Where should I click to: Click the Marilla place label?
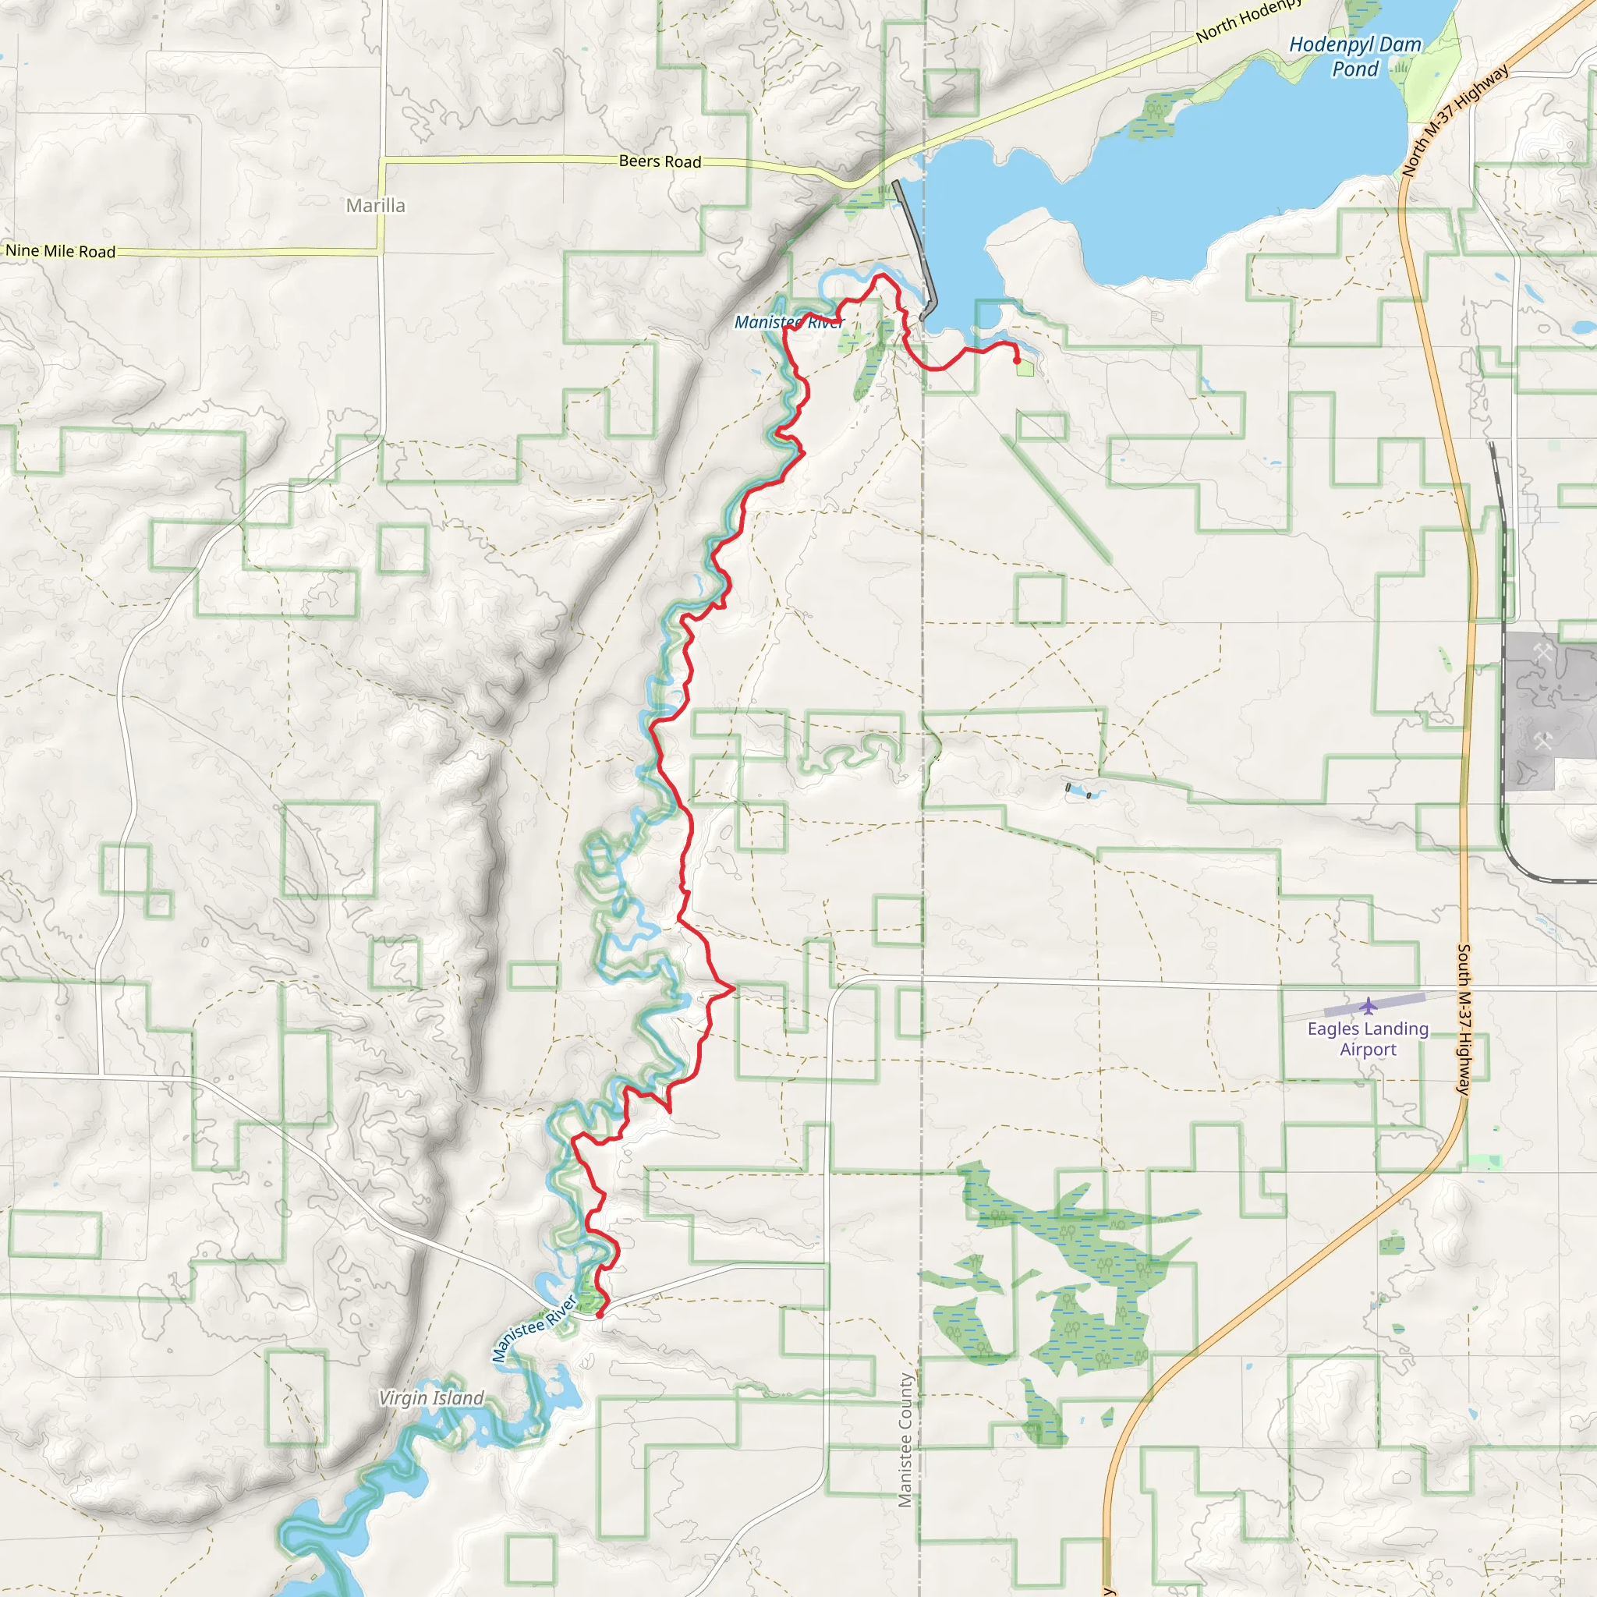(x=375, y=206)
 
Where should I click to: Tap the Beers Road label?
(x=660, y=161)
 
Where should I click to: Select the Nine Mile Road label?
(x=60, y=251)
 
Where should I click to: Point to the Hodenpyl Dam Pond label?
(x=1354, y=56)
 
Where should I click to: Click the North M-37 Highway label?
(x=1456, y=121)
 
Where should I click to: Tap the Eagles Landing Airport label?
(x=1368, y=1039)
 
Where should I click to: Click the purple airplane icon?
(x=1369, y=1006)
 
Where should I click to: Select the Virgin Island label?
(x=430, y=1398)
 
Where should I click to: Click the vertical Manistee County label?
(x=905, y=1440)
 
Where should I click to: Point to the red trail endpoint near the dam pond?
(x=1016, y=360)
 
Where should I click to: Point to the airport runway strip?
(x=1374, y=1005)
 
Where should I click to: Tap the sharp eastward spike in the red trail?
(x=733, y=988)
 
